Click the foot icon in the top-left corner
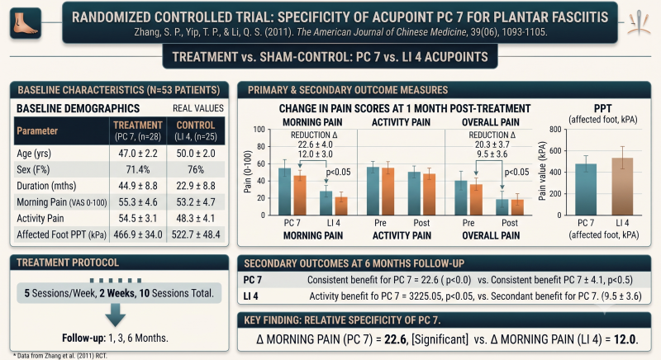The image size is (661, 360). coord(26,23)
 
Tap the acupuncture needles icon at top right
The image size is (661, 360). coord(639,23)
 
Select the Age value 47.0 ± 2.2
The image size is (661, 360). coord(138,154)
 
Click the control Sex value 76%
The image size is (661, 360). coord(196,170)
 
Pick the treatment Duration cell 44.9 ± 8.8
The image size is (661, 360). coord(138,186)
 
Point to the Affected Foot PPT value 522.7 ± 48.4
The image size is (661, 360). coord(196,234)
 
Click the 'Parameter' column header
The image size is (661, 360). coord(37,131)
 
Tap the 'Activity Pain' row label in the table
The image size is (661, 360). coord(40,219)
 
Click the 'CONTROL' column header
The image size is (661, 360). coord(196,125)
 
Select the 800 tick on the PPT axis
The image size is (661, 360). coord(555,130)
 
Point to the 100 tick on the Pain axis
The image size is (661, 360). coord(259,130)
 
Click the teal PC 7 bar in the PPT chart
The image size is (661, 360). coord(586,189)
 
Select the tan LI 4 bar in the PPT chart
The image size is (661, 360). coord(622,187)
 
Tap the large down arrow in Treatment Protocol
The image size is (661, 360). coord(115,315)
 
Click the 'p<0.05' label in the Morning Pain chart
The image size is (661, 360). coord(338,173)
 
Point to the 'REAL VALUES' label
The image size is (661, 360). coord(198,108)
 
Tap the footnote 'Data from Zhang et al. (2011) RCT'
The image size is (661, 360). coord(62,356)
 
